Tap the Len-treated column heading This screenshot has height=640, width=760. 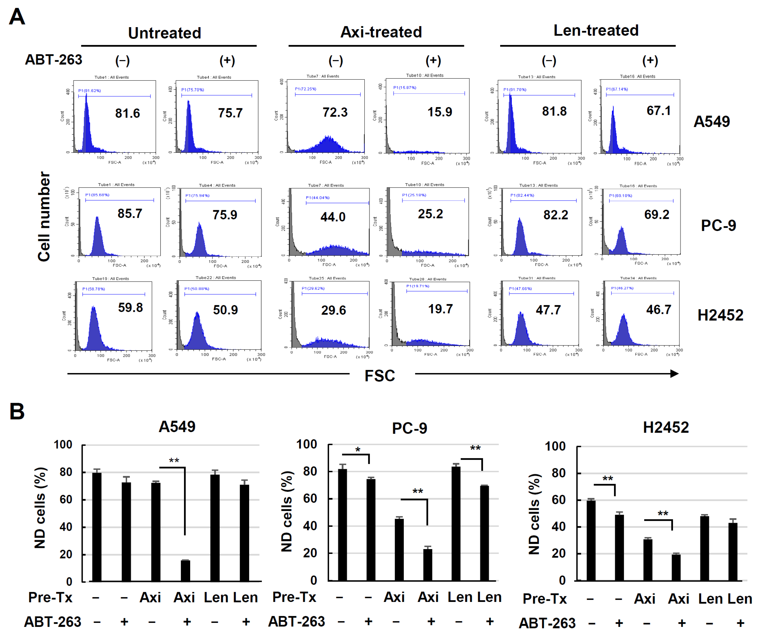[595, 30]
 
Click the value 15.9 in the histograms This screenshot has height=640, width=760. [439, 112]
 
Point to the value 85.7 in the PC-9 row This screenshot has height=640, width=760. [130, 214]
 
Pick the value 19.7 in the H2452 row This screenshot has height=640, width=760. [440, 309]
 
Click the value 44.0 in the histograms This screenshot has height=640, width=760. [333, 217]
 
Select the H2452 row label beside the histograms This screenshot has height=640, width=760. [720, 315]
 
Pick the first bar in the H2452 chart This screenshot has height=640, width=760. [591, 540]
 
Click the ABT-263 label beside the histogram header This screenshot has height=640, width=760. [54, 60]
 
